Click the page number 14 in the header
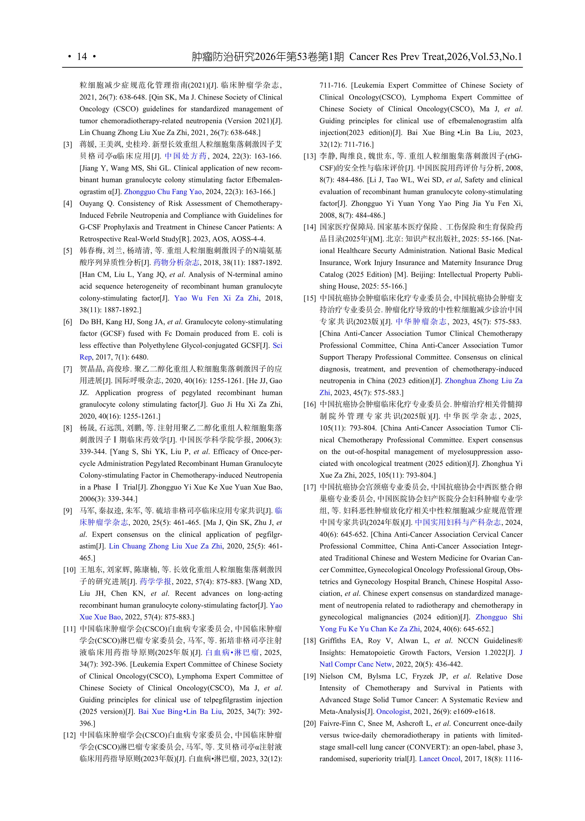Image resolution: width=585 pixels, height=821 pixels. pos(82,57)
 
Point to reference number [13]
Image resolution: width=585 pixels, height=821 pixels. pos(309,156)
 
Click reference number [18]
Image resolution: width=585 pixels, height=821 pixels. pos(309,641)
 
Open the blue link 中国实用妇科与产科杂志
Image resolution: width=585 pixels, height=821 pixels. pos(458,523)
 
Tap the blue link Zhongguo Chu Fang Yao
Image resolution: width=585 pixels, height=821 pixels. pos(163,192)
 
